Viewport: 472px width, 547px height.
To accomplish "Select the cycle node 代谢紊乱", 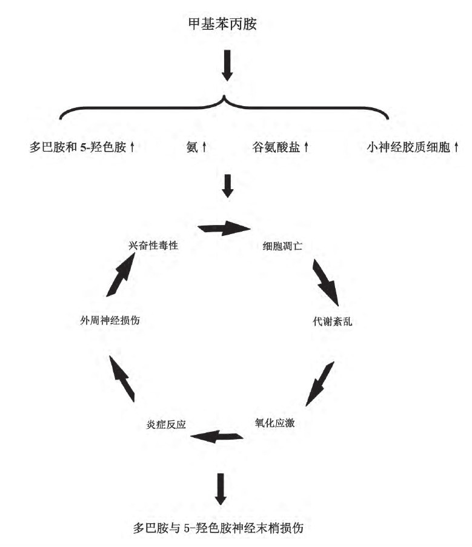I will [x=332, y=321].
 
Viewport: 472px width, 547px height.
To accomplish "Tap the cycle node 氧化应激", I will [x=274, y=423].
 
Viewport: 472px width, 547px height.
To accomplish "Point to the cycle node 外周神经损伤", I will [x=110, y=321].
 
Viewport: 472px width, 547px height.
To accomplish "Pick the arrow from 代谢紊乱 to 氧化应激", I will [x=319, y=384].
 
